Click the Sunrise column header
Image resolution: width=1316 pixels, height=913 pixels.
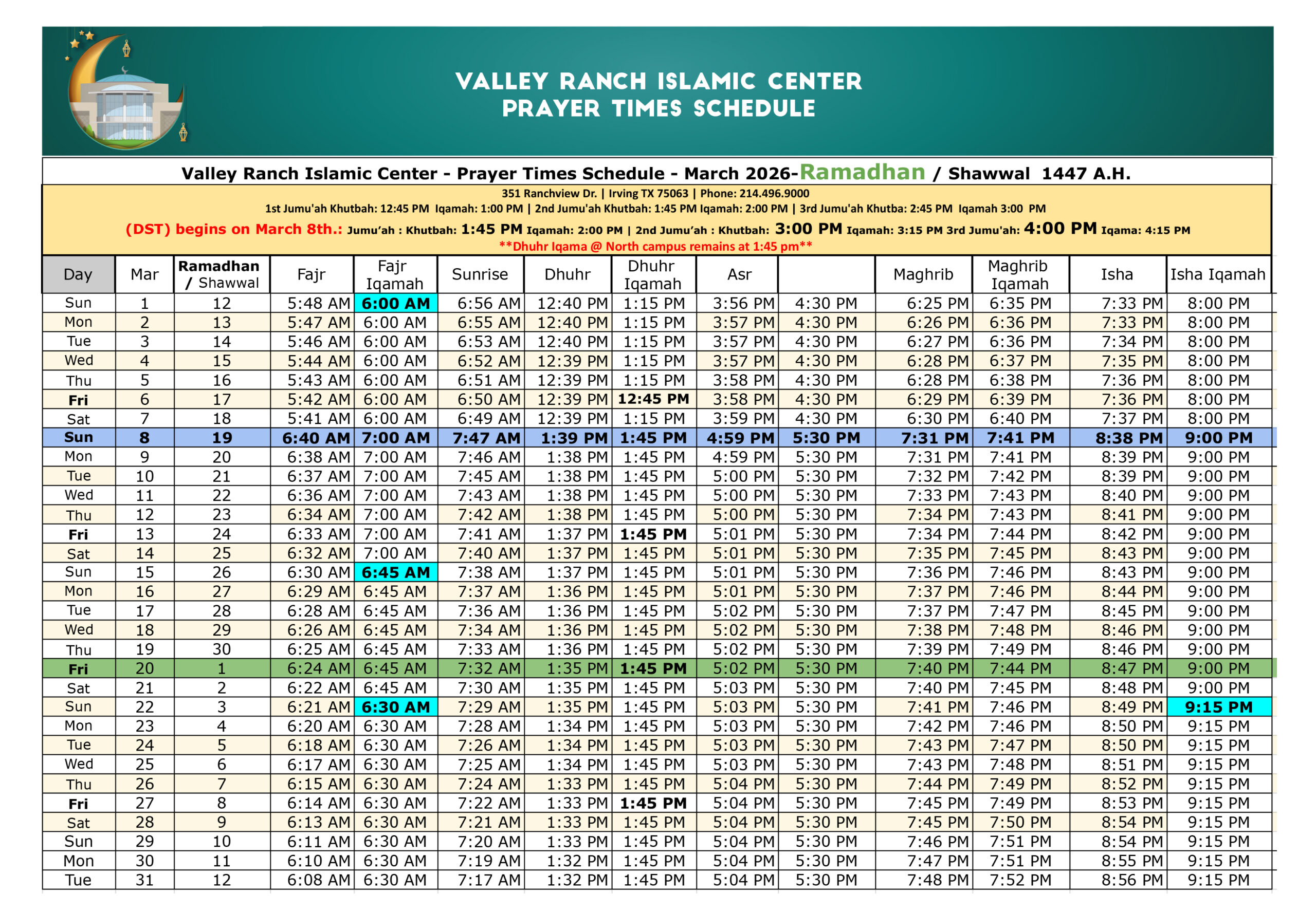tap(480, 274)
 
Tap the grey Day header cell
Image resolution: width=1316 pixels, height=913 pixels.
tap(78, 274)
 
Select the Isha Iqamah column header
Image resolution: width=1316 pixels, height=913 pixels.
tap(1217, 274)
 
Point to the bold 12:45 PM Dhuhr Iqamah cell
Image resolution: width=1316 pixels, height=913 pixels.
tap(653, 399)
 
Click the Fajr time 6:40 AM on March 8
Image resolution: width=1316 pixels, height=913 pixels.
tap(316, 438)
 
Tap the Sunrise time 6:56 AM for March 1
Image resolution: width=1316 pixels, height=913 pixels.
tap(489, 303)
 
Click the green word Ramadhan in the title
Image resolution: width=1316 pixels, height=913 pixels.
tap(862, 172)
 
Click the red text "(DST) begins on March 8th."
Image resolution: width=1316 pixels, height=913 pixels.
tap(233, 229)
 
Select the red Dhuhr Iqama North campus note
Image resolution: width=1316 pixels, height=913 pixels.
tap(655, 247)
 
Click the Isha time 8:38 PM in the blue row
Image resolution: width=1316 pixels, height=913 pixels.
tap(1129, 438)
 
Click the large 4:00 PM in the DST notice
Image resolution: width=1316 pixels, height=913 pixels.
tap(1060, 229)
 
